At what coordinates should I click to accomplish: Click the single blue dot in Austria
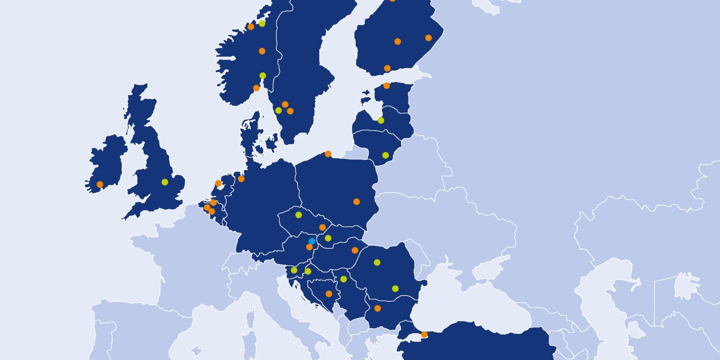point(312,241)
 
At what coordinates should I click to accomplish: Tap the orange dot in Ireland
point(100,184)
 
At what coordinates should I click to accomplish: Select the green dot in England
point(165,182)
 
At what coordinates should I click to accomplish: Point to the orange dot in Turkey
point(424,334)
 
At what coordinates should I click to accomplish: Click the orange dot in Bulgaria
point(377,308)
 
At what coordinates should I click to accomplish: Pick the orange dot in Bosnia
point(329,294)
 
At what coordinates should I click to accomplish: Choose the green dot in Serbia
point(344,279)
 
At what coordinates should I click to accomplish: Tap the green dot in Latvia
point(381,120)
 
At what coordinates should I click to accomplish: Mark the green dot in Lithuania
point(385,155)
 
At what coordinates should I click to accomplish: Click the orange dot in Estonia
point(387,85)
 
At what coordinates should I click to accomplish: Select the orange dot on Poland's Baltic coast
point(328,153)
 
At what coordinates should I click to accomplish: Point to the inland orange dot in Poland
point(356,202)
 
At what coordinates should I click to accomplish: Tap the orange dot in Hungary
point(355,250)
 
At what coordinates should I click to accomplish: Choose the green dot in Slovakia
point(328,238)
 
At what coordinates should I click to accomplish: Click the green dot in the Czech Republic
point(298,214)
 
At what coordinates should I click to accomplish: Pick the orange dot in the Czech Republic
point(322,227)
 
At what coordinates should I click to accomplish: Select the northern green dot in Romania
point(377,262)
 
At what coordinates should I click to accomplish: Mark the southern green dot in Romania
point(395,288)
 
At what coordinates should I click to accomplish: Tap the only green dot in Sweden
point(278,110)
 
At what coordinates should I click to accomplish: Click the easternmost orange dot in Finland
point(428,38)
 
